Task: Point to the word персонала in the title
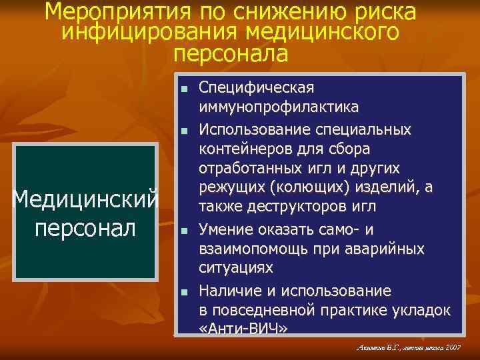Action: click(x=231, y=53)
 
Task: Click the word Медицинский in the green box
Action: click(x=86, y=198)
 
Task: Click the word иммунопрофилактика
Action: click(x=278, y=107)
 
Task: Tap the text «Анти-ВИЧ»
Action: click(x=243, y=329)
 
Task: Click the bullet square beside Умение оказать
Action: click(x=183, y=231)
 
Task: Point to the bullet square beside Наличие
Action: click(x=183, y=292)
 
